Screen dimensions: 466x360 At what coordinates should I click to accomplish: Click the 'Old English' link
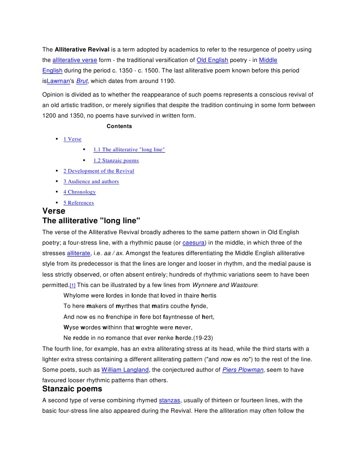[x=212, y=60]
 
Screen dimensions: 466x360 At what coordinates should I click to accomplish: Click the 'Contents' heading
[x=119, y=126]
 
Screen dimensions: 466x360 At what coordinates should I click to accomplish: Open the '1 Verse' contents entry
[x=72, y=139]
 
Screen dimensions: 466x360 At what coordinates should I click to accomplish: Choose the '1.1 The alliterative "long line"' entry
[x=129, y=149]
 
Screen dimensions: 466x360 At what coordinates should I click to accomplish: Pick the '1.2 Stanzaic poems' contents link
[x=116, y=160]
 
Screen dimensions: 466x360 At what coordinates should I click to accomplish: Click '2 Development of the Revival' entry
[x=99, y=171]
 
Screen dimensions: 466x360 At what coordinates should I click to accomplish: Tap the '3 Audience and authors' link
[x=91, y=181]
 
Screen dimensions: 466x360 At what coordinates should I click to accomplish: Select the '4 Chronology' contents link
[x=80, y=192]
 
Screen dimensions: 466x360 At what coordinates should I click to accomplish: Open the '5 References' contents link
[x=78, y=203]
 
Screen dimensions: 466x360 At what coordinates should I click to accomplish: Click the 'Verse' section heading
[x=54, y=211]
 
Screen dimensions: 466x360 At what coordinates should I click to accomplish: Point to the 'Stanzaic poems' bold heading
[x=72, y=389]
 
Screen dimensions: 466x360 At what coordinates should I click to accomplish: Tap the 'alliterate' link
[x=78, y=253]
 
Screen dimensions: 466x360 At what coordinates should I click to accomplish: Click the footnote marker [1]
[x=72, y=285]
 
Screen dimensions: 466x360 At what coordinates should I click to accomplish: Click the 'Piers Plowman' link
[x=243, y=370]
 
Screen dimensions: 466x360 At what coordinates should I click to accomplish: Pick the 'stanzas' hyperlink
[x=170, y=400]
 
